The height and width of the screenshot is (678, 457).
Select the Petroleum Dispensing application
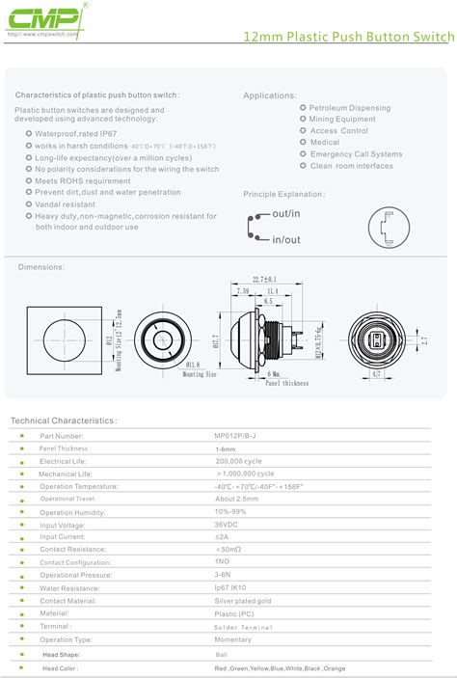click(x=350, y=108)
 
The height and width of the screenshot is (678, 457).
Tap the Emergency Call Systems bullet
click(x=356, y=154)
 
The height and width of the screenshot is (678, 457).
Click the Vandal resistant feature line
click(x=66, y=204)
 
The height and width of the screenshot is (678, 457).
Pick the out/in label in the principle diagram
click(x=286, y=212)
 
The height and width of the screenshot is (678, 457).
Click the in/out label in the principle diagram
click(x=286, y=238)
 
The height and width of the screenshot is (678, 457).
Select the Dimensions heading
click(x=40, y=266)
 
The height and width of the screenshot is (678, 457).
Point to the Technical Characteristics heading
click(x=63, y=421)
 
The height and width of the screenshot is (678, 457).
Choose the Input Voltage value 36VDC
click(x=228, y=524)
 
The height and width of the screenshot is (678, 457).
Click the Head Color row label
click(x=61, y=667)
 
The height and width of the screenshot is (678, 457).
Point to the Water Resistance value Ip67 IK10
click(x=231, y=586)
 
